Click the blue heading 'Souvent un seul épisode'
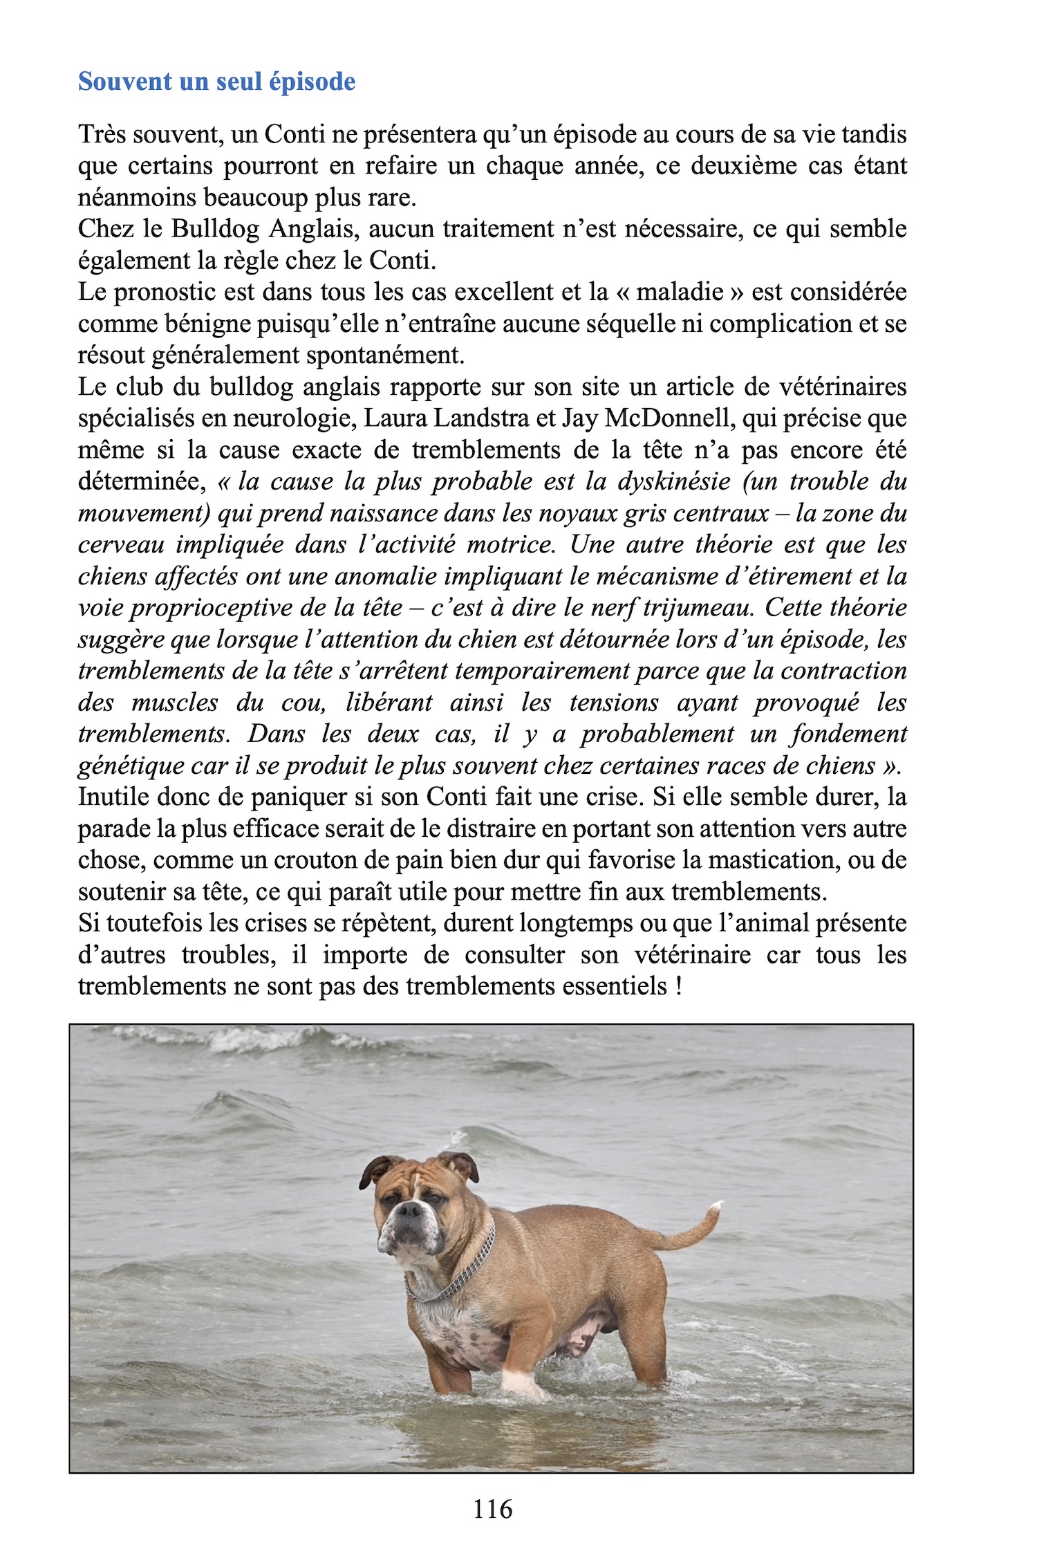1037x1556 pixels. pos(216,82)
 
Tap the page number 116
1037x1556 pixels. pos(492,1508)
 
